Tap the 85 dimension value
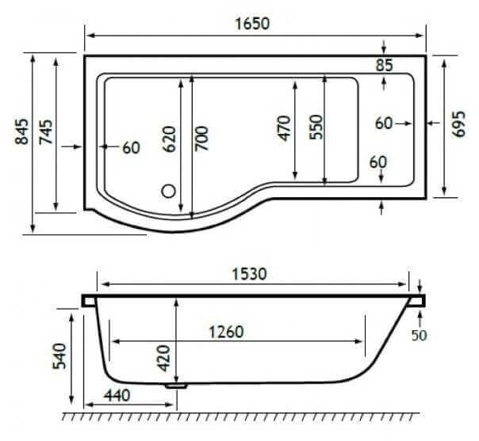tap(384, 66)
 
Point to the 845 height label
tap(21, 133)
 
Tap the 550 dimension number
tap(315, 127)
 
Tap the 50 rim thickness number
tap(419, 335)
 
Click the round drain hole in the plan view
tap(168, 190)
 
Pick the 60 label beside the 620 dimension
tap(131, 147)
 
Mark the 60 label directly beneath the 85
tap(384, 124)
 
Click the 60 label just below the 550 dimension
tap(378, 162)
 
